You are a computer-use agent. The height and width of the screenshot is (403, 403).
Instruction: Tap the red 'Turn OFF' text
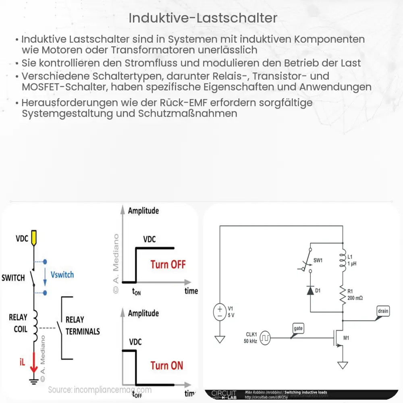pos(168,264)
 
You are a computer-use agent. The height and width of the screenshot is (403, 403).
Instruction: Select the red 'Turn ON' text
pos(166,366)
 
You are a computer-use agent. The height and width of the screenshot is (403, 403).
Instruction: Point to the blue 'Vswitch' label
pos(62,274)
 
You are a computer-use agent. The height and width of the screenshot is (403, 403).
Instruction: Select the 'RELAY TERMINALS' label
pos(82,326)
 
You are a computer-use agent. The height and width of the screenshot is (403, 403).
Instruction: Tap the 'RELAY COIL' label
pos(18,323)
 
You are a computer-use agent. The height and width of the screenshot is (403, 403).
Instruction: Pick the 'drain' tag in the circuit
pos(383,311)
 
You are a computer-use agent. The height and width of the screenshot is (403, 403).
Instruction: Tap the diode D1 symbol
pos(310,291)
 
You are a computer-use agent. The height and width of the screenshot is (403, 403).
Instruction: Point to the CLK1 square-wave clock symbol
pos(265,338)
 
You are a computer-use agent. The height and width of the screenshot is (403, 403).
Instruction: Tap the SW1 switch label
pos(318,260)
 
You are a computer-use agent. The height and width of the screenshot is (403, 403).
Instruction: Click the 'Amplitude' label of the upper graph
pos(143,210)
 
